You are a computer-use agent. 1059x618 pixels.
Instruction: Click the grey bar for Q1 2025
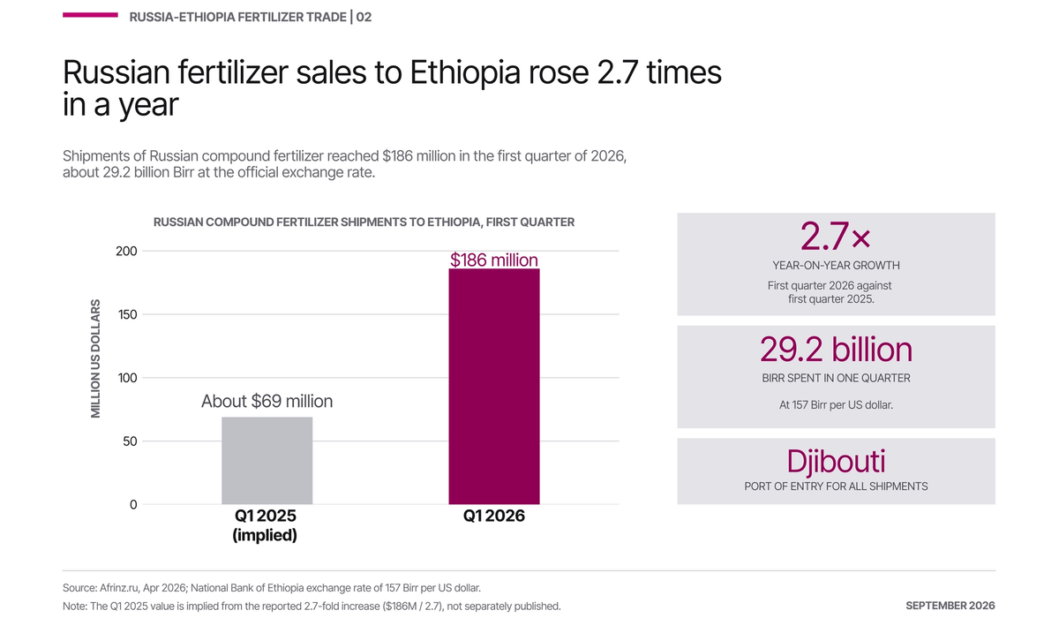point(267,461)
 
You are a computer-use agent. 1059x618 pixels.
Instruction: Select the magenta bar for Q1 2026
point(494,387)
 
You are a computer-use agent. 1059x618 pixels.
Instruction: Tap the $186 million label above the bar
point(494,260)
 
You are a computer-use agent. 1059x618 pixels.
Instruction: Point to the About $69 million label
point(267,401)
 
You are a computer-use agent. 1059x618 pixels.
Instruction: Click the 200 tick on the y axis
point(126,251)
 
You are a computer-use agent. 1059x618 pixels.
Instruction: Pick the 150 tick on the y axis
point(127,314)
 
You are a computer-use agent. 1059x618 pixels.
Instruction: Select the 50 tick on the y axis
point(130,441)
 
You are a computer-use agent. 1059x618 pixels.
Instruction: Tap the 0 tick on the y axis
point(133,504)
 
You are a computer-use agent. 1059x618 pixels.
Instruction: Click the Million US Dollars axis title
point(95,358)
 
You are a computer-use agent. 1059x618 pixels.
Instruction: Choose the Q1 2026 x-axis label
point(494,516)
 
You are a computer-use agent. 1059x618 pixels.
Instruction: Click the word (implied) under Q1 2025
point(265,535)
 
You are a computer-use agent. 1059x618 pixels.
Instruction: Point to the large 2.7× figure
point(836,237)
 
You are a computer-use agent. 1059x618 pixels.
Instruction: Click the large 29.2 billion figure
point(836,350)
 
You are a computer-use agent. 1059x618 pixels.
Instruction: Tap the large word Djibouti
point(836,461)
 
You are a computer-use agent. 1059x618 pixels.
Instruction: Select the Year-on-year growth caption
point(836,265)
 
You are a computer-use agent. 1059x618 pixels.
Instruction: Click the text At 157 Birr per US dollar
point(836,404)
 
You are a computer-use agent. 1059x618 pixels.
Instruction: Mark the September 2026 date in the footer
point(950,606)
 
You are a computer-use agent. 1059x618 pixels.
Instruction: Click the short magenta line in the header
point(90,15)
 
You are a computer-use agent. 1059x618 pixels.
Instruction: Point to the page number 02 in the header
point(364,17)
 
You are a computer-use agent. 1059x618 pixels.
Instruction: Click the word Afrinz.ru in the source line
point(119,588)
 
